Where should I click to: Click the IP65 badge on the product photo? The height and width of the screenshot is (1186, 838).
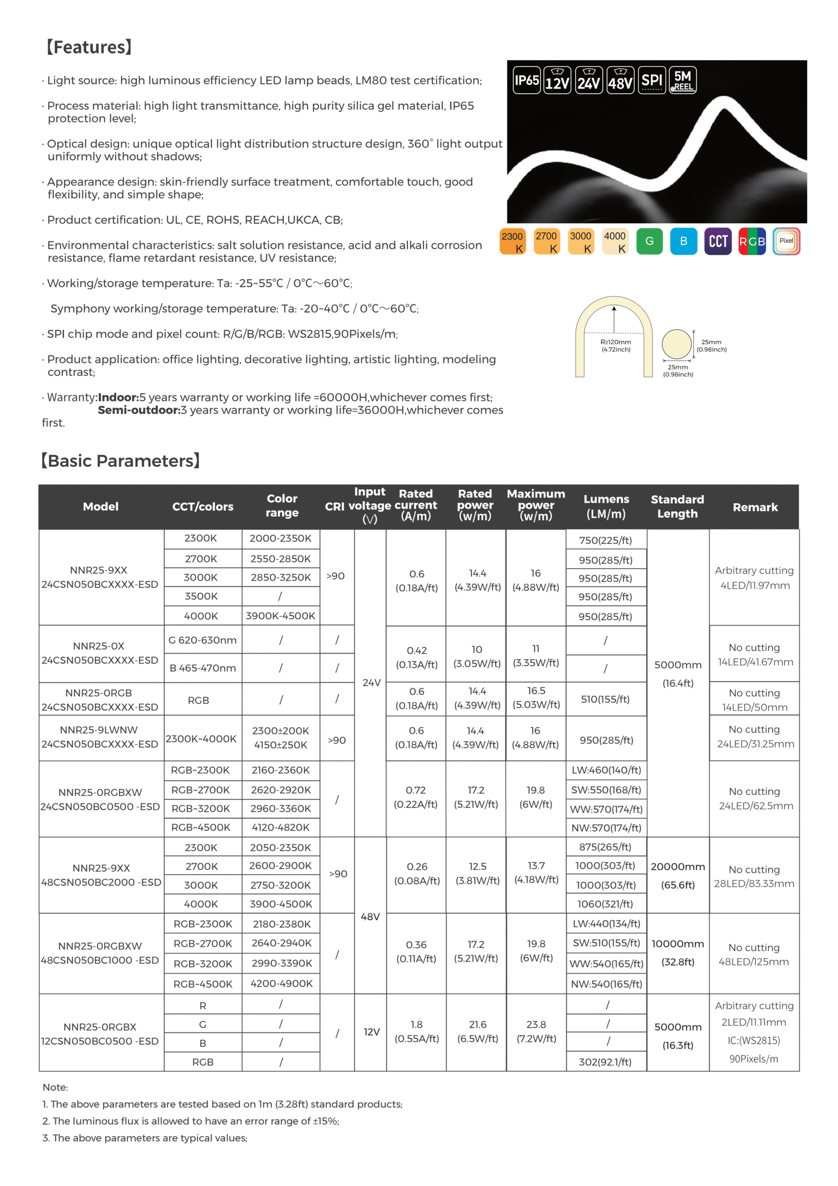[526, 80]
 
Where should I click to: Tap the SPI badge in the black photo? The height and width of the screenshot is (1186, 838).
[652, 80]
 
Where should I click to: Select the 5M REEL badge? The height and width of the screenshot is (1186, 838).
[682, 80]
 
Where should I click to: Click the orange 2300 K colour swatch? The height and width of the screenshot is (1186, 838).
[512, 242]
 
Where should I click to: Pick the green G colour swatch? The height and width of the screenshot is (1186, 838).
[649, 241]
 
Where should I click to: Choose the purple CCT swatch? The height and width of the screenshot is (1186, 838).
[718, 241]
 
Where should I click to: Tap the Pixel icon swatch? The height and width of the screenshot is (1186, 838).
[786, 241]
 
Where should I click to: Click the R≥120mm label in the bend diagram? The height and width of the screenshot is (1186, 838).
[615, 345]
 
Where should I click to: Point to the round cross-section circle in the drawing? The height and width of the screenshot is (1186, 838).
[676, 344]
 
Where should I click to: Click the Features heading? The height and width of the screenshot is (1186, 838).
[89, 47]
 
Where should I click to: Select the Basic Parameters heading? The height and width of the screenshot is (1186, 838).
[120, 461]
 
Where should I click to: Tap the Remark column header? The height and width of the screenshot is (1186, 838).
[755, 507]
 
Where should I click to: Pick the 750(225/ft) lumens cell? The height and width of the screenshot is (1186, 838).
[605, 540]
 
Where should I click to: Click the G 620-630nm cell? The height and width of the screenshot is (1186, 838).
[202, 640]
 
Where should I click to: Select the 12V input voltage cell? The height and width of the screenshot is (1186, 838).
[371, 1031]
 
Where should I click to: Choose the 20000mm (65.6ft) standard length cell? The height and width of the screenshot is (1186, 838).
[677, 875]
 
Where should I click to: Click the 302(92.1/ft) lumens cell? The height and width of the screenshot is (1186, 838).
[605, 1061]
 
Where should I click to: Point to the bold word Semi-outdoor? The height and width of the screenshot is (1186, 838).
[139, 410]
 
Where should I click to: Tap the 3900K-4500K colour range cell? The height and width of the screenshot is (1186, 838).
[280, 616]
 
